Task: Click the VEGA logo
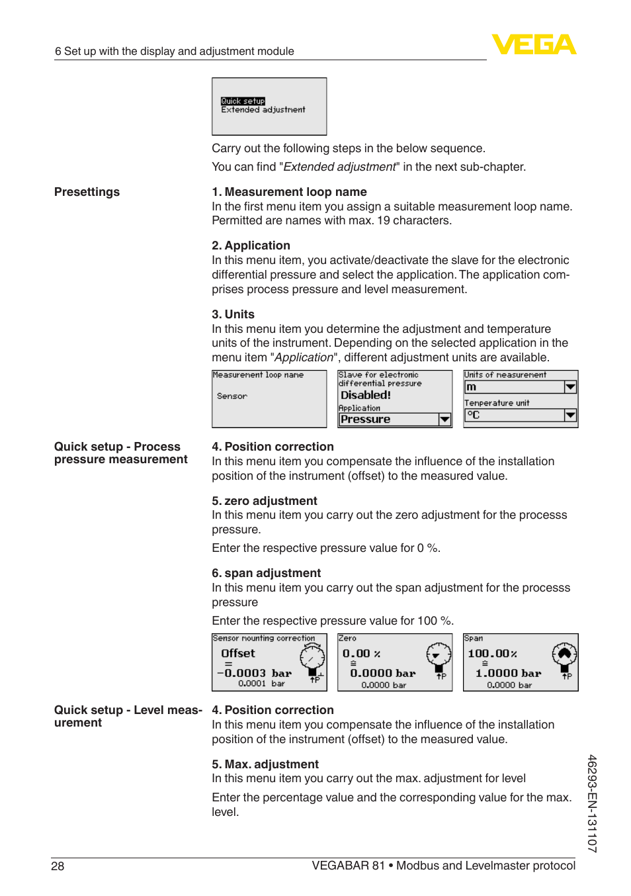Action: point(534,44)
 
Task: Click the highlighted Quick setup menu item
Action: point(243,101)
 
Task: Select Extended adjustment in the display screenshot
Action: point(263,110)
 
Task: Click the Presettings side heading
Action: point(87,192)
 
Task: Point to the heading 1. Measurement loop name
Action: point(289,192)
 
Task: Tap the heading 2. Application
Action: point(251,246)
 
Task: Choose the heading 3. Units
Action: point(233,314)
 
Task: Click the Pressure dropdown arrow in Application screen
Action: point(444,420)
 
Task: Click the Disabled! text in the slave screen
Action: point(366,395)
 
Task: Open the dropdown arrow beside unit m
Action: point(570,387)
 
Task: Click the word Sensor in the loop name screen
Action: point(232,396)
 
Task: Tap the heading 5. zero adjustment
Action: point(265,501)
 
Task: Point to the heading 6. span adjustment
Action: point(266,573)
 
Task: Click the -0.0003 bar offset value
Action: point(255,673)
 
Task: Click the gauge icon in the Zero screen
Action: point(438,655)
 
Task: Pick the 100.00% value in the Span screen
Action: point(492,654)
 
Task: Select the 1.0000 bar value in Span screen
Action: point(508,673)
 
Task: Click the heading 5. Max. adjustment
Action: point(265,764)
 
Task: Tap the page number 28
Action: point(58,866)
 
